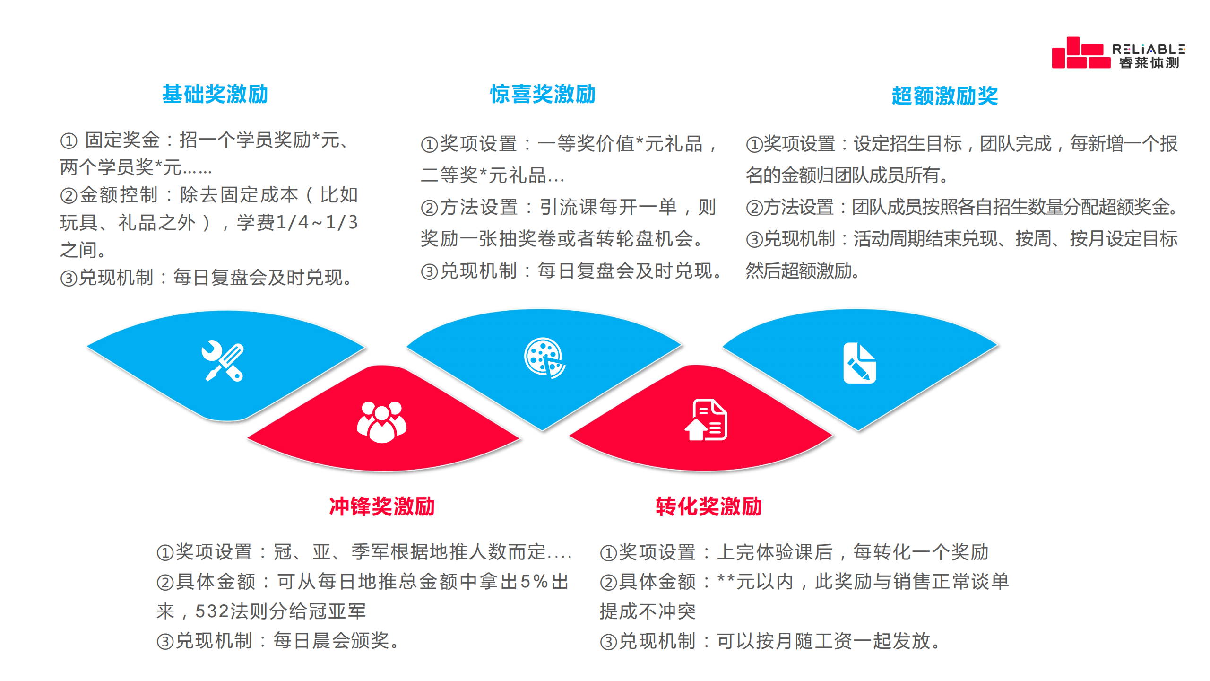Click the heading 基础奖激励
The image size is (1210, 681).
click(215, 94)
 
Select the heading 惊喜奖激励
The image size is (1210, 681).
click(543, 94)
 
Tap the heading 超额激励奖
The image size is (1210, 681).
click(944, 96)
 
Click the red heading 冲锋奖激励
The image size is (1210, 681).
click(381, 506)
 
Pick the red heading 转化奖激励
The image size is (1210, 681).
click(709, 506)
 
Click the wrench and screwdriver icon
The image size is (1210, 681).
click(223, 361)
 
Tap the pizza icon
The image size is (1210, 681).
click(544, 358)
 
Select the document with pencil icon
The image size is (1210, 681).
click(859, 363)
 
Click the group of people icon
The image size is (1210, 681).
click(381, 422)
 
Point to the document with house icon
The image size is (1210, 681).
click(706, 420)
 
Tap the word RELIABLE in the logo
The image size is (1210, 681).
click(1149, 49)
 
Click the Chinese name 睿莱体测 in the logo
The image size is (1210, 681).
click(1149, 63)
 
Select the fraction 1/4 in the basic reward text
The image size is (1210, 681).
click(292, 222)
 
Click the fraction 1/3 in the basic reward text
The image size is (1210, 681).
click(342, 222)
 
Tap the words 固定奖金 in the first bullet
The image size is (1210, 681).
click(122, 140)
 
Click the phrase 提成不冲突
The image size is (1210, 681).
click(648, 611)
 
